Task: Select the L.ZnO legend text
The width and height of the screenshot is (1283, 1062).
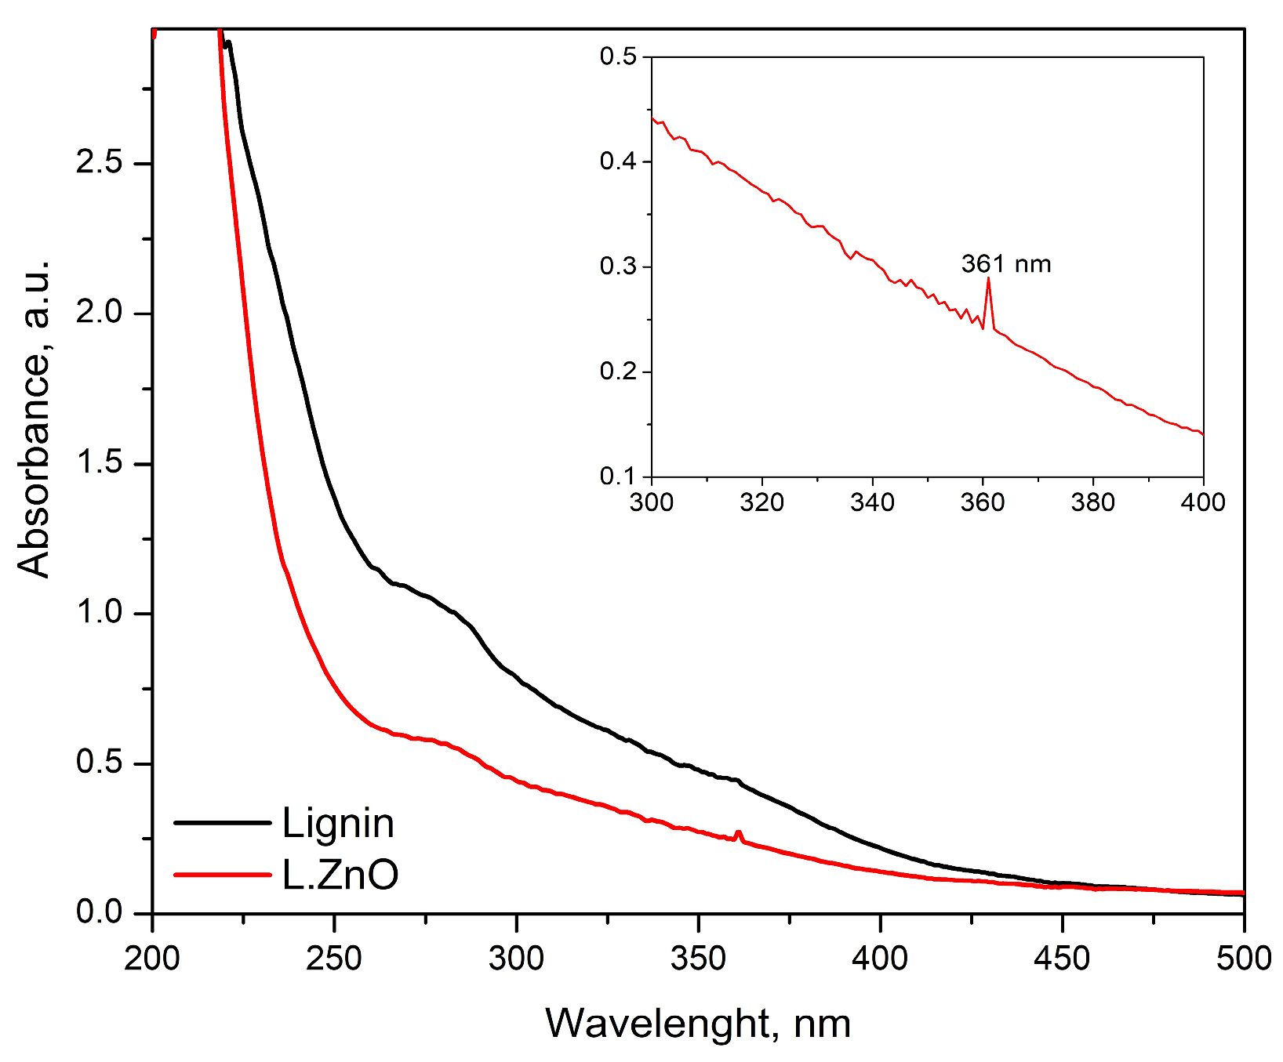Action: point(340,875)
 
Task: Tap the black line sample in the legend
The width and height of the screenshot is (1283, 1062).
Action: point(221,822)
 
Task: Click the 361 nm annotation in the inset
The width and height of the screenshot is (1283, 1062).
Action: point(1006,264)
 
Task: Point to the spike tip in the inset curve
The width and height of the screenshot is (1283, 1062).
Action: point(988,278)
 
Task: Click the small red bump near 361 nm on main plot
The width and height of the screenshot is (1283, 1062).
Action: point(738,833)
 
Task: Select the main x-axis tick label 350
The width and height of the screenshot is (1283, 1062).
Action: point(698,958)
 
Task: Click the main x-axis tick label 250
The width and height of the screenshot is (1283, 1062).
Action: point(334,958)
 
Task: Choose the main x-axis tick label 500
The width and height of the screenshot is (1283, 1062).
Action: point(1243,958)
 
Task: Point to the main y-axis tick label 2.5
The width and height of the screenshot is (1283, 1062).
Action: point(99,163)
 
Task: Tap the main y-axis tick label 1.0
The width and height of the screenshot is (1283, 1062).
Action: point(99,613)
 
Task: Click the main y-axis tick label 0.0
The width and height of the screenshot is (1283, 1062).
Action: point(99,913)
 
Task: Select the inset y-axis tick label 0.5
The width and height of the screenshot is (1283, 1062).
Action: point(620,56)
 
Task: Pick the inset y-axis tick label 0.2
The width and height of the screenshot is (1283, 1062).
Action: point(620,372)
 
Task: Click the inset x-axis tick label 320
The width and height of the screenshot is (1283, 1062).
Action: point(761,502)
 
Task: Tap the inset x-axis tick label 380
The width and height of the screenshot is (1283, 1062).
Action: point(1092,502)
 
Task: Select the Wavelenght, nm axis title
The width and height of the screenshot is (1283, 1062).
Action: point(698,1023)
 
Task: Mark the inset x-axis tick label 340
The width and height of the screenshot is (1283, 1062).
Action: point(872,502)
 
